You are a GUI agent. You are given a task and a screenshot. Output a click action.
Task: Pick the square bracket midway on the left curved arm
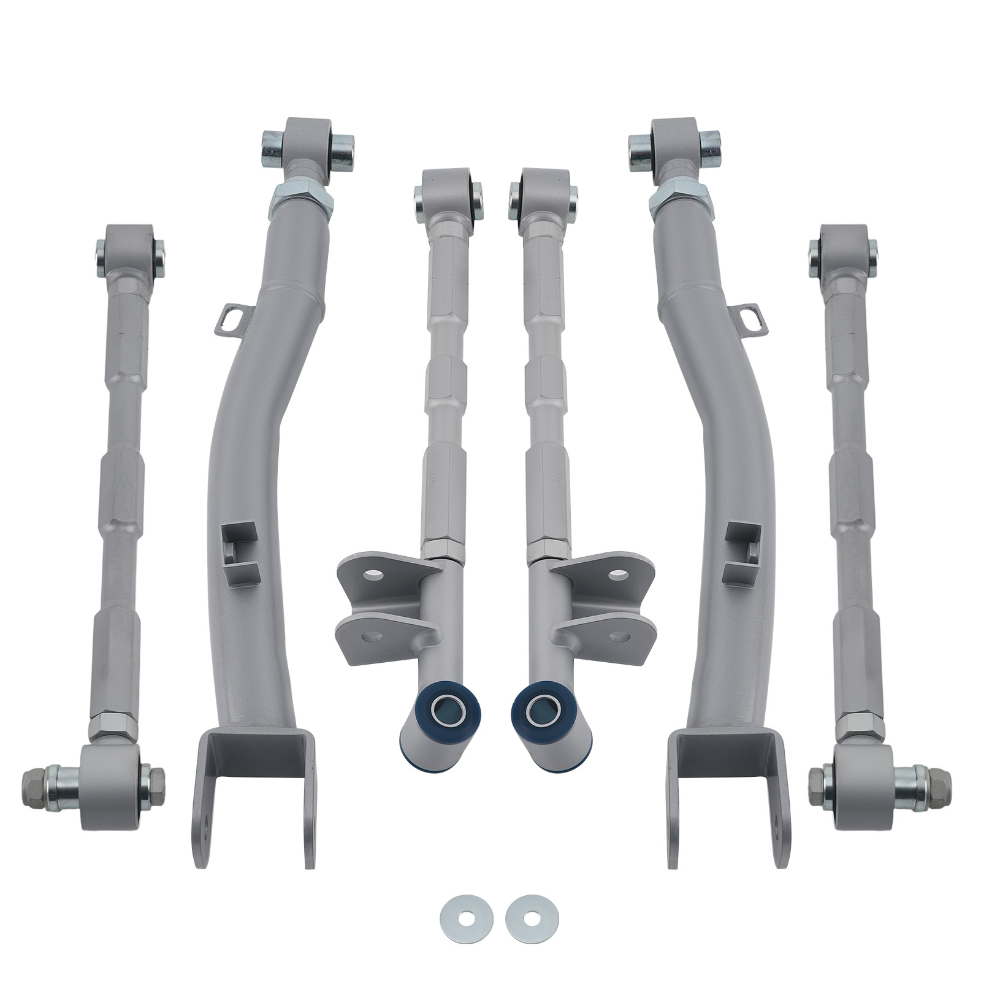[x=239, y=552]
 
